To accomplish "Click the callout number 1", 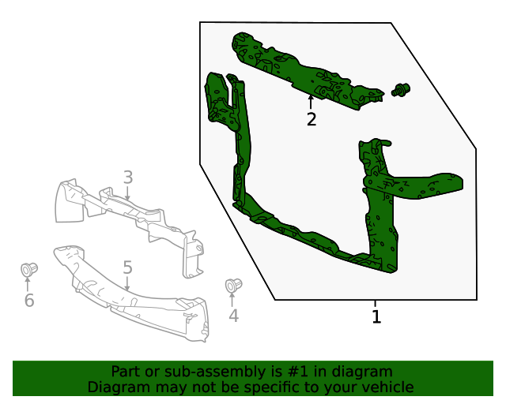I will (x=376, y=317).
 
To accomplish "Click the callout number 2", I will (x=312, y=119).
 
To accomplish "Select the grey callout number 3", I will (x=127, y=178).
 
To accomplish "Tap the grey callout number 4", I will (x=233, y=316).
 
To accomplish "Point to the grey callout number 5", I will (x=127, y=267).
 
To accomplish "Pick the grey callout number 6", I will (x=29, y=301).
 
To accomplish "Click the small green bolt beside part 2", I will (x=402, y=91).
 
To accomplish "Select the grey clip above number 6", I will (x=29, y=269).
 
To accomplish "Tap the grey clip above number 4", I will (x=233, y=285).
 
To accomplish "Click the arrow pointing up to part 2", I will (x=311, y=101).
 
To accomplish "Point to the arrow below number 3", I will (x=127, y=194).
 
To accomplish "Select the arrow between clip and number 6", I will (x=29, y=283).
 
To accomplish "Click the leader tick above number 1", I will (x=376, y=304).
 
